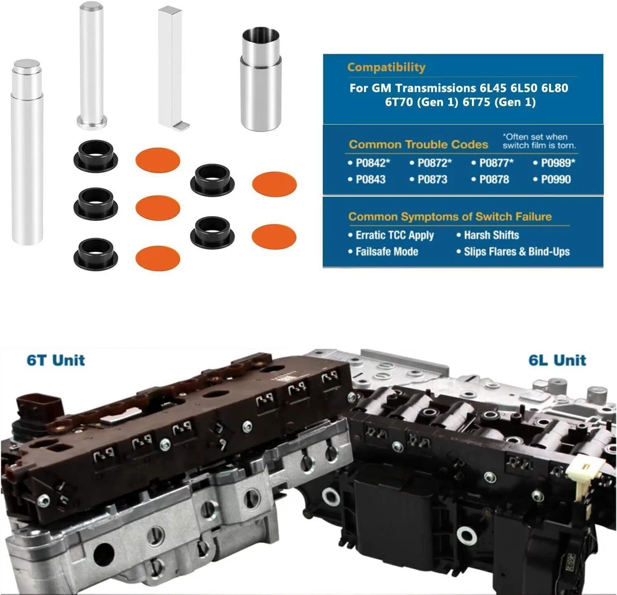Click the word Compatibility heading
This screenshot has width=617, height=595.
[x=386, y=67]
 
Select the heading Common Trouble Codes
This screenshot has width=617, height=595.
[x=418, y=144]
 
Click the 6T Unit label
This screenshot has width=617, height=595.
[x=56, y=360]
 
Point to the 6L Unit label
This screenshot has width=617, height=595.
[x=557, y=360]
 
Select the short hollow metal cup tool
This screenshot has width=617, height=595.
[x=260, y=79]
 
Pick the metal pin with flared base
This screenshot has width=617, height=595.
[x=92, y=65]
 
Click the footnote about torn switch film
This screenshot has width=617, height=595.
[x=539, y=141]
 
